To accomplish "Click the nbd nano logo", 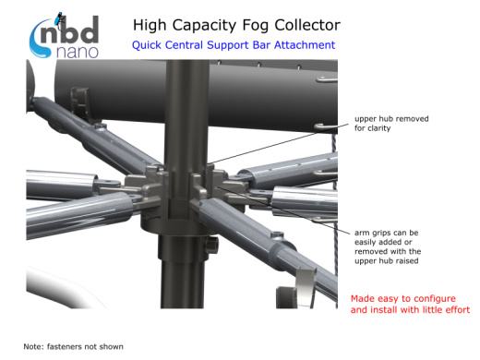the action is tap(64, 36).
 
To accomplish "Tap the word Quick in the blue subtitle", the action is tap(146, 45).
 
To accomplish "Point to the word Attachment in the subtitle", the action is tap(305, 45).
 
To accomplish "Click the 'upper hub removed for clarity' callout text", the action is tap(391, 124).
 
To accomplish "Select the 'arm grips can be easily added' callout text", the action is tap(388, 246).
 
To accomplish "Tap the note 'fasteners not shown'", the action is tap(73, 347).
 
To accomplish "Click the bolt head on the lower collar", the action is tap(212, 245).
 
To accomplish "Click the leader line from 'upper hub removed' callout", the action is tap(279, 143).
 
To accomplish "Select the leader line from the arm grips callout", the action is tap(283, 210).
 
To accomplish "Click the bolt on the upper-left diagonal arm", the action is tap(100, 126).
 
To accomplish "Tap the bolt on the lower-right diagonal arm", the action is tap(277, 235).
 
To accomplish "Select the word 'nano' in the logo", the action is tap(78, 53).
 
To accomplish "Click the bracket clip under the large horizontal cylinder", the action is tap(80, 104).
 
